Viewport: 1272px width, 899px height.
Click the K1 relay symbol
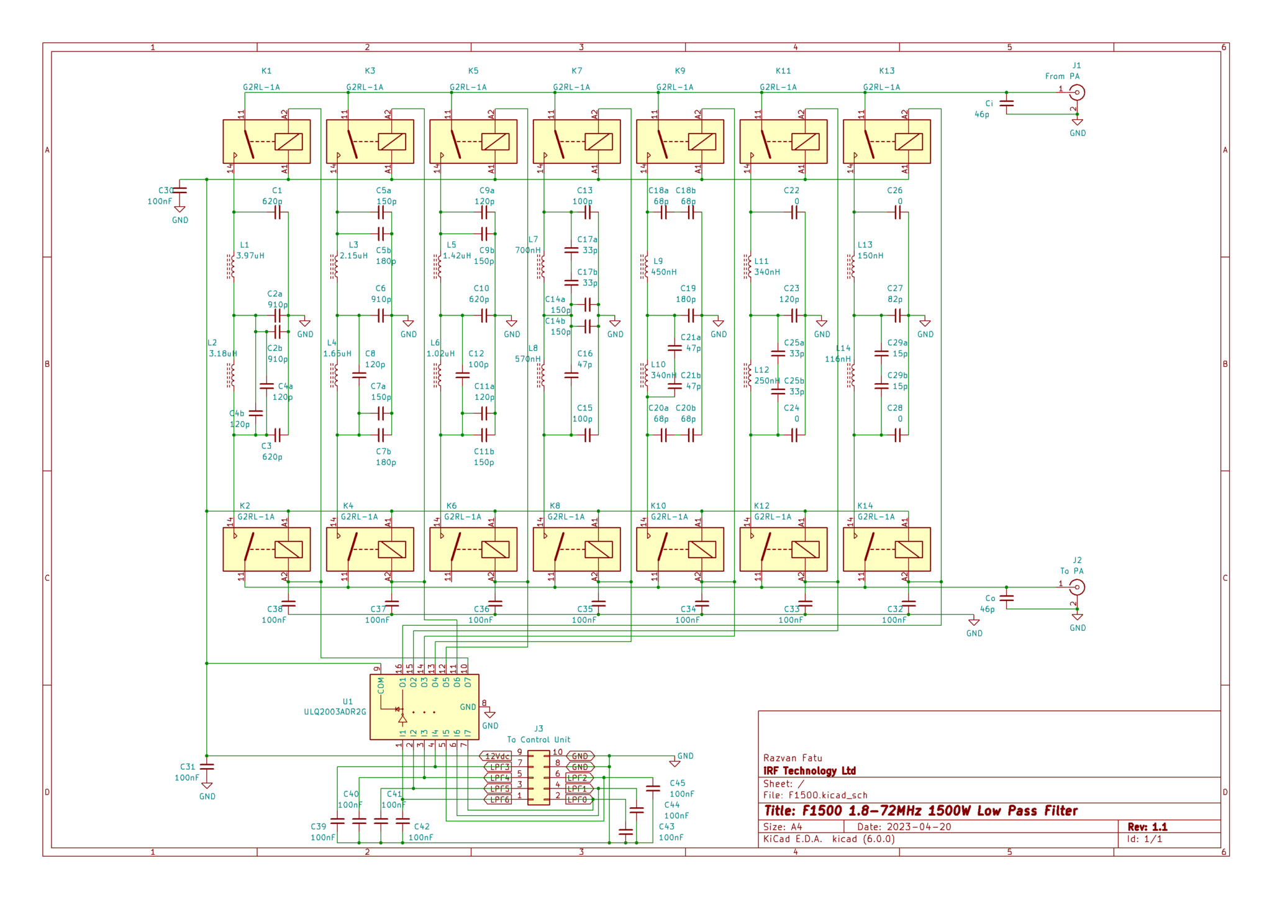coord(266,142)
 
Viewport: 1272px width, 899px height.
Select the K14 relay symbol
coord(886,549)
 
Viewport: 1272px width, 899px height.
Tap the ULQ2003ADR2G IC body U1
coord(424,707)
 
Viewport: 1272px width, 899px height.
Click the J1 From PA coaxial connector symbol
coord(1077,93)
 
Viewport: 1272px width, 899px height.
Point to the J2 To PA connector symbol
coord(1077,587)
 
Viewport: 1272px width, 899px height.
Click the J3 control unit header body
coord(538,777)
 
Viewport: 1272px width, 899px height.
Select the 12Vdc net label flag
coord(496,756)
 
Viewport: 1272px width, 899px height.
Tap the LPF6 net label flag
coord(498,800)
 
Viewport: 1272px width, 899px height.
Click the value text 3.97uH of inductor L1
coord(250,256)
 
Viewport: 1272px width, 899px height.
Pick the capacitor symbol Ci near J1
coord(1007,104)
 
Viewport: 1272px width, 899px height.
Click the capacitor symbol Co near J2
coord(1007,599)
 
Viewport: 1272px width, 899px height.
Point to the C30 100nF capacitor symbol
coord(179,191)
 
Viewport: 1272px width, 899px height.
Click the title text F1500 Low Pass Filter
coord(920,811)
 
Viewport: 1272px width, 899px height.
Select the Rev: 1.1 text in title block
coord(1147,827)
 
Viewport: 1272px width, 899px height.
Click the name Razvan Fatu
coord(793,758)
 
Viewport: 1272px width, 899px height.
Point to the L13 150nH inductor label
coord(870,250)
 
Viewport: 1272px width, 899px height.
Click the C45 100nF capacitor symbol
coord(653,788)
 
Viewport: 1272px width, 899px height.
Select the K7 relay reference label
coord(576,71)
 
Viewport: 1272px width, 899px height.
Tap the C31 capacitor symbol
coord(207,767)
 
